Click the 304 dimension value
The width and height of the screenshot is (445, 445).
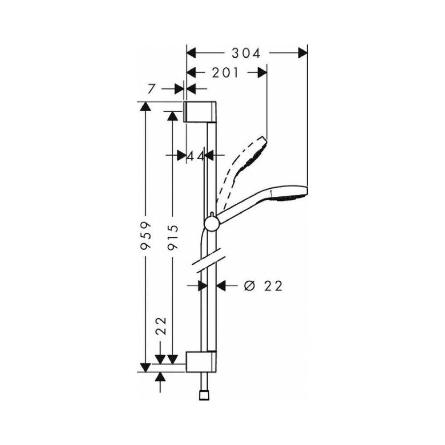(x=246, y=53)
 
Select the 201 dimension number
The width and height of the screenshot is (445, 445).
(x=226, y=73)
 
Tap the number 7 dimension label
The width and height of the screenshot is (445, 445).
(x=151, y=89)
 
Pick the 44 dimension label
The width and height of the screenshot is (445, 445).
(x=195, y=156)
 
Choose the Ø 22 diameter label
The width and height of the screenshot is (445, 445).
(x=263, y=286)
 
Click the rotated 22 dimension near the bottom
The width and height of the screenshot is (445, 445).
(x=161, y=326)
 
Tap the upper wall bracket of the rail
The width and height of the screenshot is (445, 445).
(x=201, y=111)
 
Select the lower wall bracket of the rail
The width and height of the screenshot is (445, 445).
(x=201, y=361)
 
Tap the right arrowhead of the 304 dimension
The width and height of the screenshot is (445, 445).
(x=303, y=53)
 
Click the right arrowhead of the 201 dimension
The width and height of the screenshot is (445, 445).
(x=262, y=73)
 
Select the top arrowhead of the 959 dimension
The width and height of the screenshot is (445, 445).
(x=146, y=107)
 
